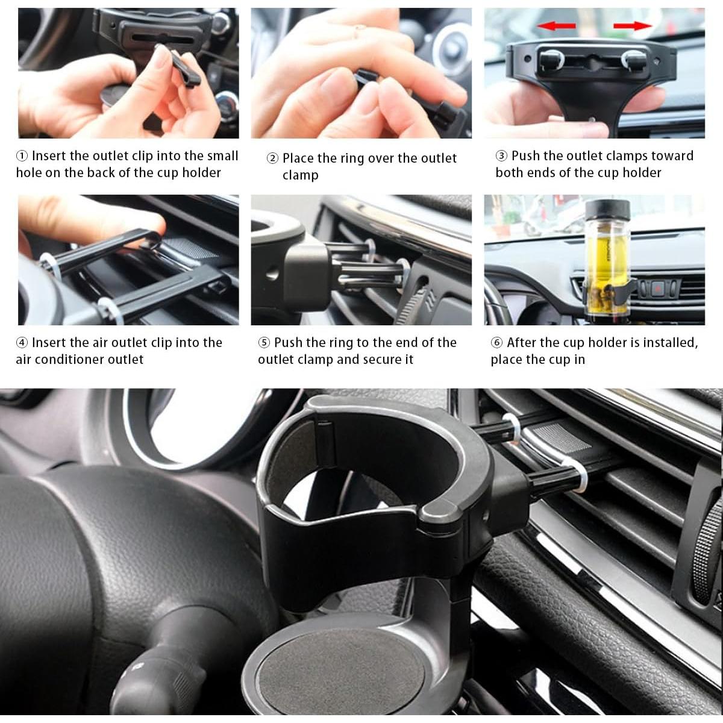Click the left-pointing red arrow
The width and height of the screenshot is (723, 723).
tap(556, 26)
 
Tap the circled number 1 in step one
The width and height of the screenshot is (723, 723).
tap(22, 156)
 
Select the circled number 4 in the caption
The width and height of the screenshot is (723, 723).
tap(22, 343)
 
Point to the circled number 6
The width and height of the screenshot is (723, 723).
tap(496, 343)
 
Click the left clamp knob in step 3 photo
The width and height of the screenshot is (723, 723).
tap(549, 60)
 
